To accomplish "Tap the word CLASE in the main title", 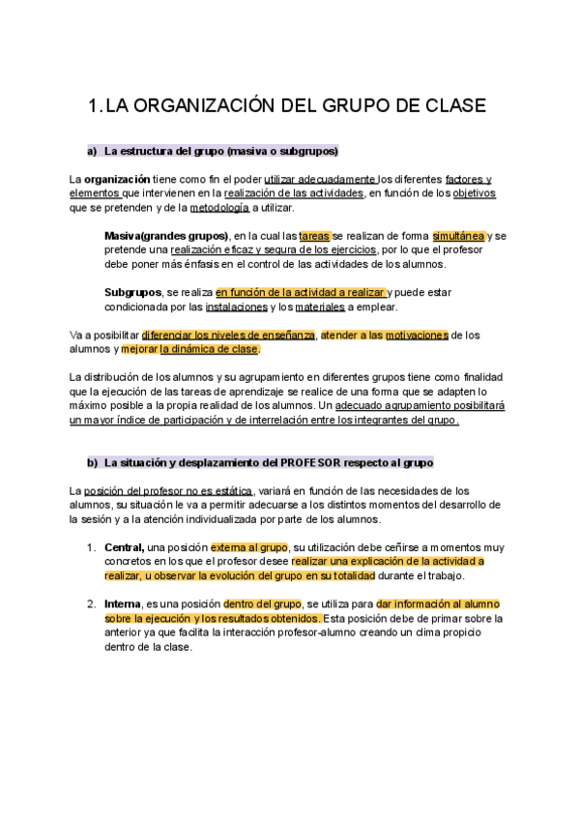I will pyautogui.click(x=445, y=105).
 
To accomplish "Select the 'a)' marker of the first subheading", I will pyautogui.click(x=93, y=152).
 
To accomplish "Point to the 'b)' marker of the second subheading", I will pyautogui.click(x=93, y=462).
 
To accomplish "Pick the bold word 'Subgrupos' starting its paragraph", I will pyautogui.click(x=133, y=292).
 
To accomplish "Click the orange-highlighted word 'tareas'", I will pyautogui.click(x=314, y=236).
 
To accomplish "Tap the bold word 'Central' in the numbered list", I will pyautogui.click(x=125, y=547).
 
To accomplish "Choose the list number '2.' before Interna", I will pyautogui.click(x=90, y=604).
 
